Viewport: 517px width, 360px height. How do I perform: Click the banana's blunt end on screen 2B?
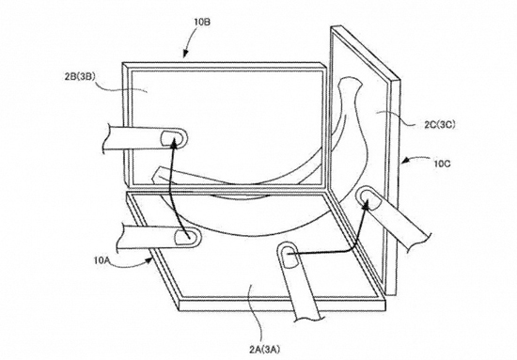click(x=160, y=174)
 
